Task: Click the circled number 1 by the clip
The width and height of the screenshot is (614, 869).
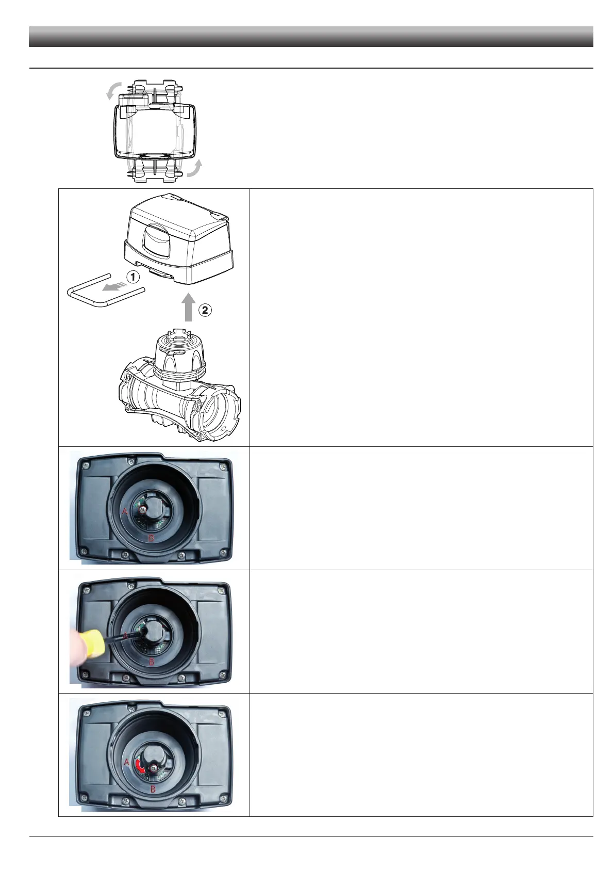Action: click(133, 277)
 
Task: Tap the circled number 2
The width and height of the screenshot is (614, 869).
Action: click(205, 311)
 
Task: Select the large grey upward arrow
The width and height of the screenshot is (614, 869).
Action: click(189, 308)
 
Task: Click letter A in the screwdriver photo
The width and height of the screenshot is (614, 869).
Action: click(124, 637)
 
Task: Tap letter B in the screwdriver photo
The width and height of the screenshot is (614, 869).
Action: click(152, 664)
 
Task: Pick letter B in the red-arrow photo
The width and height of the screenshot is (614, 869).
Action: click(153, 790)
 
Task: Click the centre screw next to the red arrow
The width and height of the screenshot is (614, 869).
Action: click(153, 769)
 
